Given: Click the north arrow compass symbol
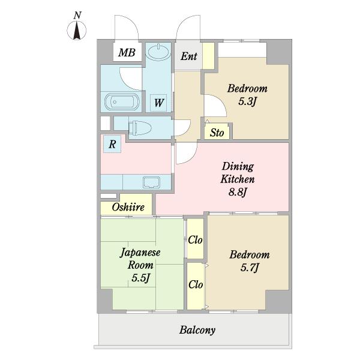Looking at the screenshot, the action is coord(77,30).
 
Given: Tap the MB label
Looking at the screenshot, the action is coord(127,53).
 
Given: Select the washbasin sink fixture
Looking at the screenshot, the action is coord(158,52).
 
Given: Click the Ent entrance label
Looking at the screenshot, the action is coord(189,56).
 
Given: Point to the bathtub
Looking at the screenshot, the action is coord(122,102).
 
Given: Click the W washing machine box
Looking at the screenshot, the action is coord(158,103).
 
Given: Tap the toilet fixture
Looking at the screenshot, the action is coord(140,128).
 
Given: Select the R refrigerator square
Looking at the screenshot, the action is coord(112,144).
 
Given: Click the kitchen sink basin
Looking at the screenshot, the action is coord(152,182).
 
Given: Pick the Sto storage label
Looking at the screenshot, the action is coord(217,133).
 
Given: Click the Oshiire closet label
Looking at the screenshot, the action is coord(128,207).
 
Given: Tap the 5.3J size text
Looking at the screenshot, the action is coord(247,101).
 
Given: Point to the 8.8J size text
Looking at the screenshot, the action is coord(238,192).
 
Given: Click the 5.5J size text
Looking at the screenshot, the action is coord(141,278).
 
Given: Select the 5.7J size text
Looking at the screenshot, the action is coord(250,268).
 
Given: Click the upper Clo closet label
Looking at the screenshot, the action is coord(195,240).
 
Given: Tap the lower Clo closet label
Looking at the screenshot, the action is coord(196,284).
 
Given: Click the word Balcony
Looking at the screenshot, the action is coord(197,330).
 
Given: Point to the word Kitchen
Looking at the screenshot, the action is coord(238,179).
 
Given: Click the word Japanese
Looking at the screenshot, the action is coord(140,253).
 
